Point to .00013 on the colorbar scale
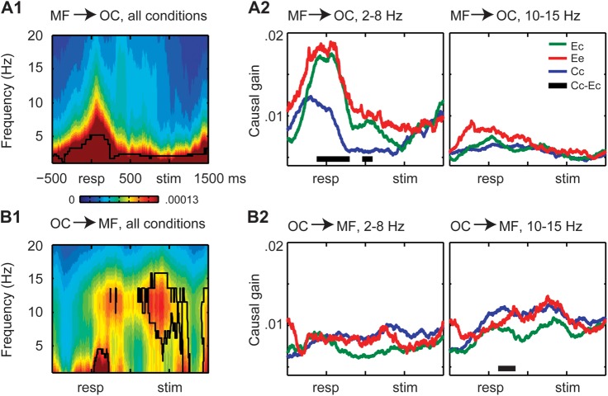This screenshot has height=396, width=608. (x=186, y=199)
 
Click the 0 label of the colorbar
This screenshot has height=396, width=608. (x=73, y=199)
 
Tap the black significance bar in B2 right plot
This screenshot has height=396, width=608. (x=506, y=368)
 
